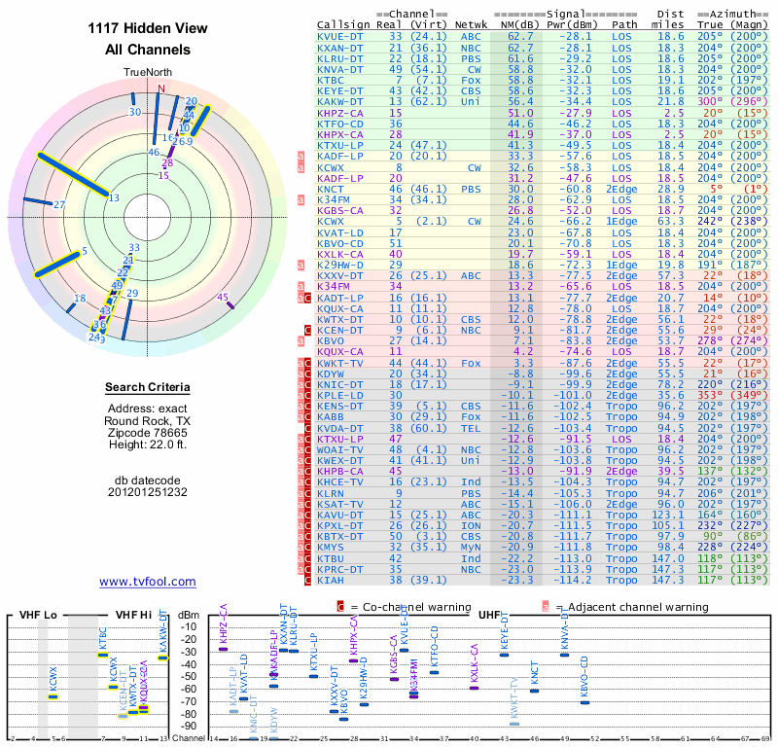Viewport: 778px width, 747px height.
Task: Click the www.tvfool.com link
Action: tap(148, 582)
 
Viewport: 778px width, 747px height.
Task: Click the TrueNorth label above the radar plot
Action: tap(148, 73)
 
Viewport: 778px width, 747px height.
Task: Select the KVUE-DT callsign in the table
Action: tap(340, 36)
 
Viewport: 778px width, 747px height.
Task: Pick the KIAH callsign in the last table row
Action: tap(331, 580)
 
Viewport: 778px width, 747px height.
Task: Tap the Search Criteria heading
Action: tap(148, 388)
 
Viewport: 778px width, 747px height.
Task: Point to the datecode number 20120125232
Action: tap(148, 492)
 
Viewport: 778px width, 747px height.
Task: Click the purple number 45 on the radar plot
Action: tap(223, 297)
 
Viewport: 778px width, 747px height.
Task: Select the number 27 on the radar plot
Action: tap(59, 204)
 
